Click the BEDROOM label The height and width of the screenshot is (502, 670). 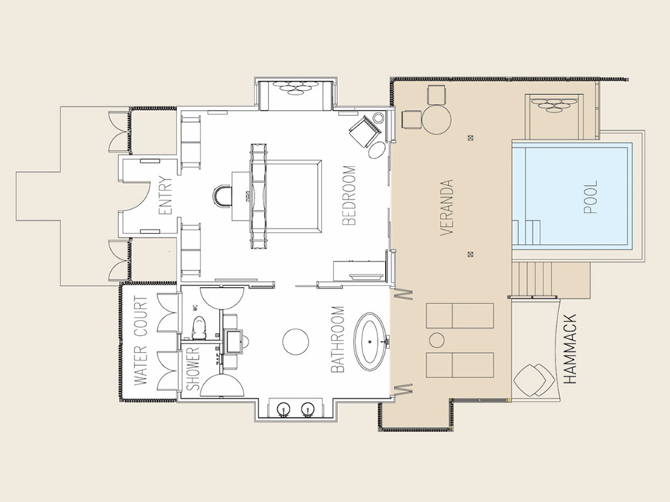coord(349,195)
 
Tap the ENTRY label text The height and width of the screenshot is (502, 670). coord(165,196)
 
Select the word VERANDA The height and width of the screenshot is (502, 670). coord(446,207)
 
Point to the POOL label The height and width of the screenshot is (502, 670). coord(590,197)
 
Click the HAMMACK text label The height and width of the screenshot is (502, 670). coord(570,350)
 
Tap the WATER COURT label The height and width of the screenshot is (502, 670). coord(141,341)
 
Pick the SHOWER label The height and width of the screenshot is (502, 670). coord(193,368)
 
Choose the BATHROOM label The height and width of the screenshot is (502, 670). coord(337,339)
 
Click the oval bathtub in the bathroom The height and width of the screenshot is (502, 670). coord(370,341)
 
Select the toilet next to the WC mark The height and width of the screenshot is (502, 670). coord(199,328)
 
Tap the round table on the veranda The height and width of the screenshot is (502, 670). coord(437,120)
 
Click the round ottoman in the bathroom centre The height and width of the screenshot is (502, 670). coord(296,341)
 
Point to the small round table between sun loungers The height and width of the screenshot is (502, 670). coord(437,340)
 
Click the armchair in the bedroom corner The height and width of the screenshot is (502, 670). coord(365,131)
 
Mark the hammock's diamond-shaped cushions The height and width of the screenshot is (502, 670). coord(534,380)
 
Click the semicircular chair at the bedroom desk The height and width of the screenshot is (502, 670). coord(222,196)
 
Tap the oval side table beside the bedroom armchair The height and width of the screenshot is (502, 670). coord(377,150)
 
